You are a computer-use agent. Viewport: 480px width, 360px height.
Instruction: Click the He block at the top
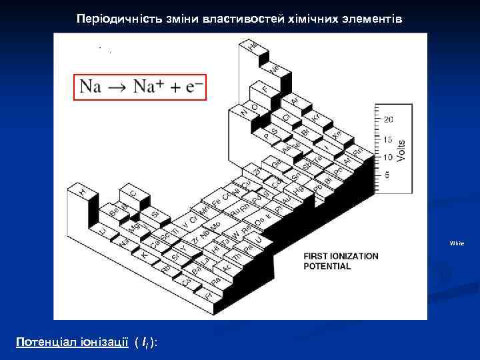(x=252, y=45)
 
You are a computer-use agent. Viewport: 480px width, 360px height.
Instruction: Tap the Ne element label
(x=274, y=69)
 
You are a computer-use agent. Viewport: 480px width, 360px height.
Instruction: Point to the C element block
(x=133, y=193)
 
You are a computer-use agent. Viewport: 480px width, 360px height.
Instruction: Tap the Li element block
(x=102, y=230)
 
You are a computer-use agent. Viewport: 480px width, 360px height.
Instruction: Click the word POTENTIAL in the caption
(x=327, y=266)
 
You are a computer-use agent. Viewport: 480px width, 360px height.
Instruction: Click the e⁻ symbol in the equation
(x=194, y=87)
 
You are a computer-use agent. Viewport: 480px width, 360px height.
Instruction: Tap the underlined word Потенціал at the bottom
(x=45, y=341)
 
